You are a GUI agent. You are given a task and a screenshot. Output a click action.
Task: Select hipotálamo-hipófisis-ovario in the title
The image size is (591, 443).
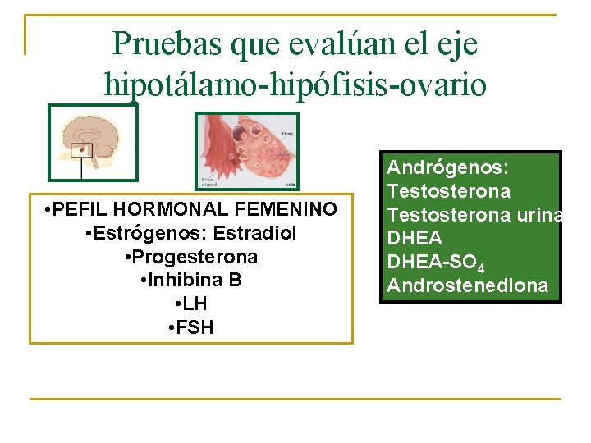point(295,83)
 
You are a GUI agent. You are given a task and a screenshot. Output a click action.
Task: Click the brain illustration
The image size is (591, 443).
point(94,142)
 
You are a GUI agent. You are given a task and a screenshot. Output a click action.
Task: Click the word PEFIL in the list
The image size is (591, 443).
point(83,210)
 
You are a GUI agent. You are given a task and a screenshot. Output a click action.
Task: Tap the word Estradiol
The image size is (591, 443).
point(257,234)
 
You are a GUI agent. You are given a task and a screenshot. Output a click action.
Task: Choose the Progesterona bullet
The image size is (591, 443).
point(191,258)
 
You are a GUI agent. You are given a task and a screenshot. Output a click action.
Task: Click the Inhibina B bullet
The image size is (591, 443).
point(191,281)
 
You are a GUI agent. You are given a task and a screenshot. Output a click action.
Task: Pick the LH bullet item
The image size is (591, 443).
point(191,304)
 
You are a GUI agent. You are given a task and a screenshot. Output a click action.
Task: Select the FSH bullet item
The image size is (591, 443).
point(191,328)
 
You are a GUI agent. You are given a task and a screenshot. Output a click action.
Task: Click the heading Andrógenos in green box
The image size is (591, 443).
point(448,168)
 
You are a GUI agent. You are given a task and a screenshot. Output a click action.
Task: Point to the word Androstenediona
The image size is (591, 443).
point(467,285)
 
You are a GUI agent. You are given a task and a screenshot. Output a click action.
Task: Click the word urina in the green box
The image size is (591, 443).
point(538,215)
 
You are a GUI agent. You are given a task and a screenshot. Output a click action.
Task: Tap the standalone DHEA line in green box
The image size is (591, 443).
point(415,239)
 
